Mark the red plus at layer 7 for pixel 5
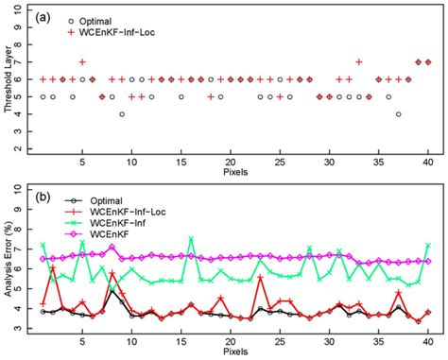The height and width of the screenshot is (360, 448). tap(82, 62)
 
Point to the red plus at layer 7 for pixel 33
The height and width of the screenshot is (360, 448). tap(359, 62)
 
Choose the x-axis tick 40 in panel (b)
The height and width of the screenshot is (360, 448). tap(428, 340)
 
